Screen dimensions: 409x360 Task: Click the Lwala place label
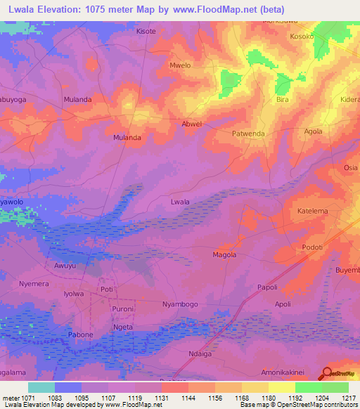(x=180, y=202)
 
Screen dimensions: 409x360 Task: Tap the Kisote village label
(x=146, y=32)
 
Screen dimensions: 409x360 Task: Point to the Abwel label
(x=192, y=124)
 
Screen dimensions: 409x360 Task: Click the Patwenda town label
(x=248, y=132)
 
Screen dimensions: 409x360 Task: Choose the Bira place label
(x=283, y=100)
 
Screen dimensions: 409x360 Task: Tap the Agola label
(x=313, y=131)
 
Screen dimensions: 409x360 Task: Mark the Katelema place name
(x=313, y=211)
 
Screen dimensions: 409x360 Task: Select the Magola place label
(x=224, y=255)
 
